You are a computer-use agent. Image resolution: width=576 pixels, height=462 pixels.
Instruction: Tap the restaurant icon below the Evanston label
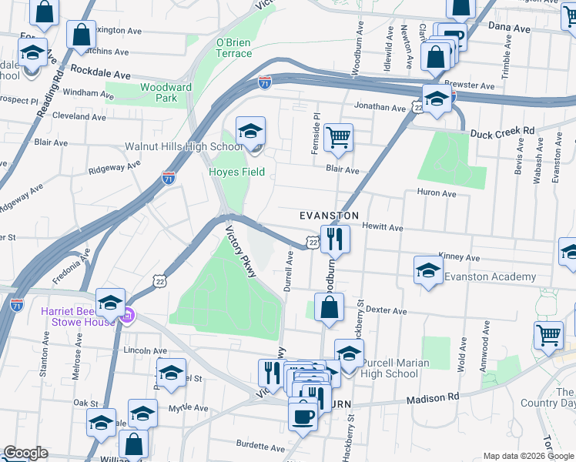click(335, 239)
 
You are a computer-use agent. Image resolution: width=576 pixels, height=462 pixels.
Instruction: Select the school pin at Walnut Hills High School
click(250, 132)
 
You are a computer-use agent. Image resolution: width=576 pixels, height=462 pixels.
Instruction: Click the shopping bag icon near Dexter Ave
click(329, 306)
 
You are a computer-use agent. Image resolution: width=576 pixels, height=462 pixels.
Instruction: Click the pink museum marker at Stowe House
click(129, 315)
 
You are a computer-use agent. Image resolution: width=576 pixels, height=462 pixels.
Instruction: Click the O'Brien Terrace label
click(234, 48)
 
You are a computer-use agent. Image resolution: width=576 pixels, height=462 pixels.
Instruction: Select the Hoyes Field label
click(237, 172)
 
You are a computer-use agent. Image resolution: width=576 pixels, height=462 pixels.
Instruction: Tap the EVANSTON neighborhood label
click(330, 216)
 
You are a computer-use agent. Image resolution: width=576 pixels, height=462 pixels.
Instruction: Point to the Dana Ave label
click(510, 28)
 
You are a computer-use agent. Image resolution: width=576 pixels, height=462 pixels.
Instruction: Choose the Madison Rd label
click(432, 397)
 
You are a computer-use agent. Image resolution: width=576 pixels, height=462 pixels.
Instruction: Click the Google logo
click(25, 453)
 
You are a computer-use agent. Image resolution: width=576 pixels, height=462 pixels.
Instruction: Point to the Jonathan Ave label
click(380, 109)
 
